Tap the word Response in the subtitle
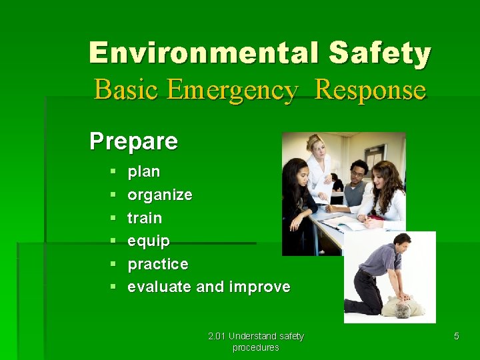coord(369,89)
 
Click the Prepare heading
coord(133,141)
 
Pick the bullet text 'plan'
coord(144,171)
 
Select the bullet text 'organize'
coord(160,195)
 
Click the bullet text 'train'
coord(145,218)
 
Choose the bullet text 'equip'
coord(149,241)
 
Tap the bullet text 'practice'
coord(158,264)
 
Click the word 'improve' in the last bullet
coord(259,287)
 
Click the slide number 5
coord(456,337)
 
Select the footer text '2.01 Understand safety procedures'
coord(255,341)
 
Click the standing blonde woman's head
coord(315,145)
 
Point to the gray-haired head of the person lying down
coord(402,311)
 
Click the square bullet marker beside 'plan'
coord(113,172)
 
